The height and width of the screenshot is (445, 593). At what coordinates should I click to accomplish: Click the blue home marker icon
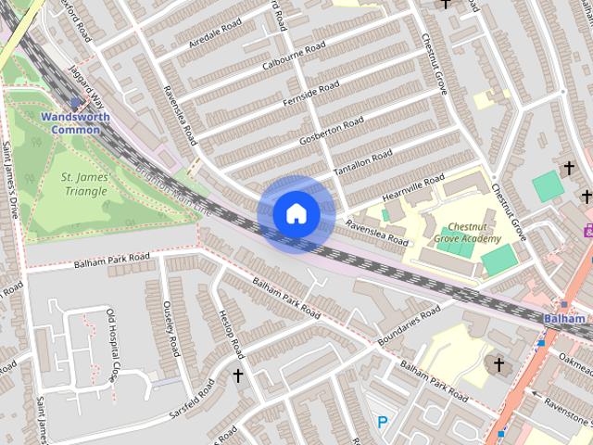tap(296, 213)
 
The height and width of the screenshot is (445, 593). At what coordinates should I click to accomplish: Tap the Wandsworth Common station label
tap(75, 123)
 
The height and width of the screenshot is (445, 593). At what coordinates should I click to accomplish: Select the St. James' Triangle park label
tap(84, 184)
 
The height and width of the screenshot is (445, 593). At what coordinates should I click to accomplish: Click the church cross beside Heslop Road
tap(238, 375)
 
